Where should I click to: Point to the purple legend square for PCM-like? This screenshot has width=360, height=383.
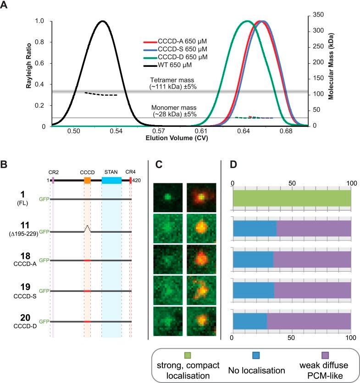coord(326,354)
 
